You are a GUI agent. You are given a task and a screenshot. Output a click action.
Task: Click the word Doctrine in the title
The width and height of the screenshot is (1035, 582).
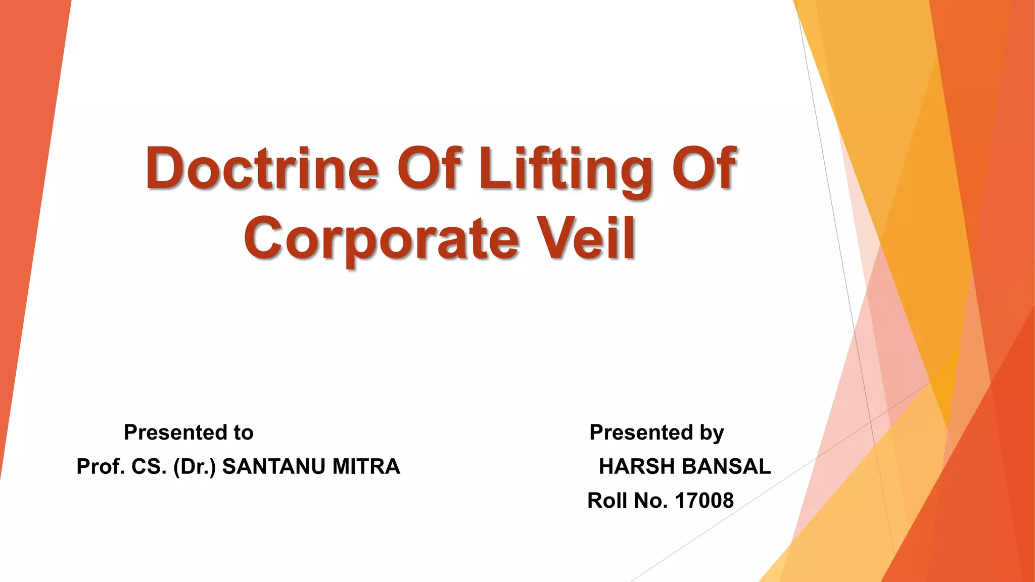click(x=262, y=168)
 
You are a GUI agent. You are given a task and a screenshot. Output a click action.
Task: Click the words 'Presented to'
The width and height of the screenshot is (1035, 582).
click(x=189, y=432)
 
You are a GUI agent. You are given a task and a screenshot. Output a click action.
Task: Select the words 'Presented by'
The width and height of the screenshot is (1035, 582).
click(x=656, y=433)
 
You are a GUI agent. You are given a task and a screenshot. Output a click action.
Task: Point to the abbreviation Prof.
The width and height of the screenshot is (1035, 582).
click(x=100, y=466)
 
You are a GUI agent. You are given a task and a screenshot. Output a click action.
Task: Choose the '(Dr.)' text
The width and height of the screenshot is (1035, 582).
click(x=195, y=467)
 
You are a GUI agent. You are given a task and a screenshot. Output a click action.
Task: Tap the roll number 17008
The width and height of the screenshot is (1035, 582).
click(x=704, y=501)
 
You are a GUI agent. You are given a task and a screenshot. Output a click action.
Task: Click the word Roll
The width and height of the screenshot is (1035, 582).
click(x=607, y=501)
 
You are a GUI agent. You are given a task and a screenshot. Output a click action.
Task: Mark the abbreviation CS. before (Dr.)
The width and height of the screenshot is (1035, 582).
click(x=149, y=466)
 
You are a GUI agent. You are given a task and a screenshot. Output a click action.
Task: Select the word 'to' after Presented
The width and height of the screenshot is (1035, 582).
click(x=243, y=432)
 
